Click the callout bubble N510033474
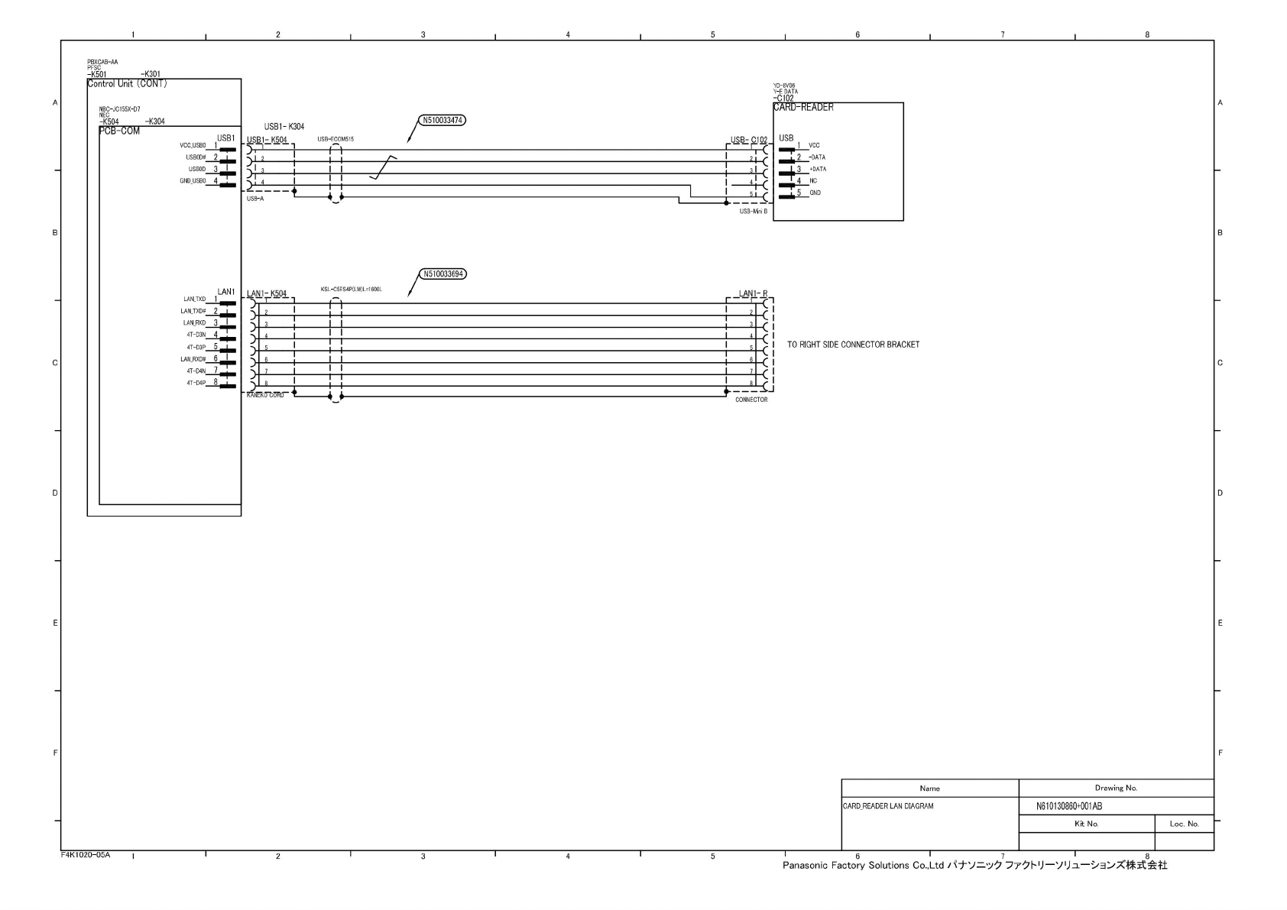pos(442,120)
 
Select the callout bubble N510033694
pos(442,274)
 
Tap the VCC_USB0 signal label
pos(193,145)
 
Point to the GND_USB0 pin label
pos(193,181)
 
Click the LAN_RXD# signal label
pos(193,359)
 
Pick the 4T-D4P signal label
pos(196,383)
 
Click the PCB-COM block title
pos(119,131)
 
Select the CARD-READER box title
pos(803,108)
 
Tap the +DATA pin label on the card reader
pos(817,169)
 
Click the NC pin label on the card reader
pos(813,181)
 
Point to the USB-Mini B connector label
pos(753,211)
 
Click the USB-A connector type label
pos(255,199)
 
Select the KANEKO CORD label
pos(265,395)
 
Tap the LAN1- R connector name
pos(753,293)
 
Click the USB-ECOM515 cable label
pos(336,139)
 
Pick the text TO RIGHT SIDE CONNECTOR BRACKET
pos(853,345)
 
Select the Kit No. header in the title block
pos(1086,824)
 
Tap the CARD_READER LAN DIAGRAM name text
pos(887,806)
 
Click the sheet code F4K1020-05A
pos(86,854)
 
